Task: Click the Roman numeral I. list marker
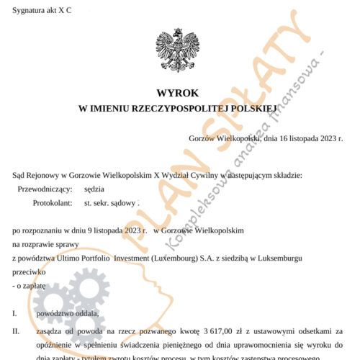[x=15, y=314]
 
